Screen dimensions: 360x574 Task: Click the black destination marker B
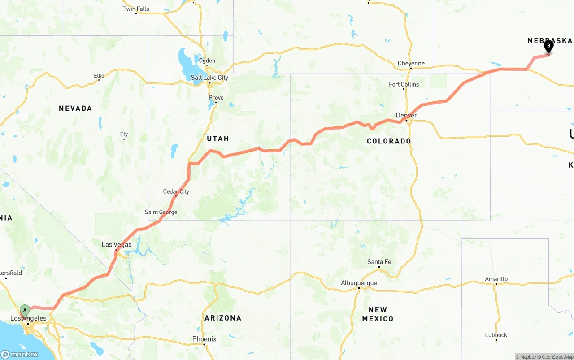click(x=548, y=46)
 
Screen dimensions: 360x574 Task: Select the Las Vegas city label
click(x=117, y=244)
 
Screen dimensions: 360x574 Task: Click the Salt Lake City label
click(x=209, y=78)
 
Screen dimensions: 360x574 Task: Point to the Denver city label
click(x=406, y=115)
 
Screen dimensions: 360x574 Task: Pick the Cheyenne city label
click(x=411, y=63)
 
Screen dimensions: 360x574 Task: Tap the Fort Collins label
click(x=404, y=84)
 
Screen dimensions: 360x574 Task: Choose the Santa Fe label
click(x=379, y=262)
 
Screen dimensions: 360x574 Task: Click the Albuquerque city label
click(x=359, y=283)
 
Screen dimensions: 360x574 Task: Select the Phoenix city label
click(x=204, y=339)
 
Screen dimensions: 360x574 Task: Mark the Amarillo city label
click(x=496, y=279)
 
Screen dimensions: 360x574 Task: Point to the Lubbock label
click(x=496, y=335)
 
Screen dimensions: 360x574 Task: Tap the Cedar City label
click(x=176, y=191)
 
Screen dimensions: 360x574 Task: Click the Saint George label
click(x=161, y=212)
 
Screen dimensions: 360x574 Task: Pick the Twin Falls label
click(x=136, y=9)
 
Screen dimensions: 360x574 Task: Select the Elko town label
click(x=99, y=76)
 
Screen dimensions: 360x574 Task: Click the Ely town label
click(x=124, y=134)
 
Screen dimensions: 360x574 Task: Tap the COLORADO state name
click(x=389, y=141)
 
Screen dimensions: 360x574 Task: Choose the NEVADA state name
click(x=75, y=108)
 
